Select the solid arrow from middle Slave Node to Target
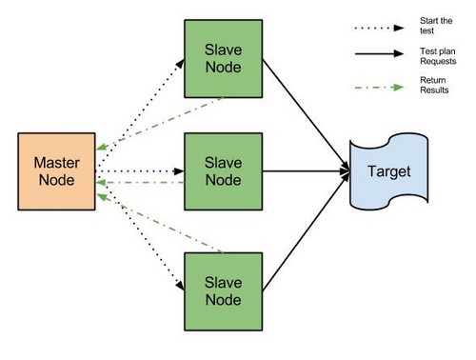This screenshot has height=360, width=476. coord(305,172)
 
